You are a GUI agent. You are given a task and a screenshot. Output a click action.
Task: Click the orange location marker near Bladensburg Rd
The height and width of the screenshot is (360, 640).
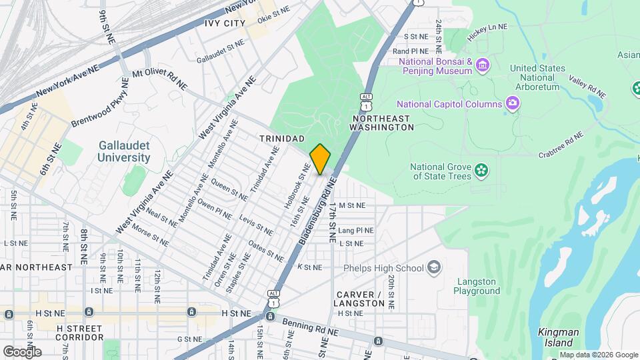click(320, 159)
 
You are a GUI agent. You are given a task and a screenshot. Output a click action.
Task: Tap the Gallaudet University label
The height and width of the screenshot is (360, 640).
click(124, 151)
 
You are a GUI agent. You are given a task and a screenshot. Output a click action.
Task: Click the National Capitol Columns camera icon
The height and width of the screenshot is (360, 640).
click(512, 103)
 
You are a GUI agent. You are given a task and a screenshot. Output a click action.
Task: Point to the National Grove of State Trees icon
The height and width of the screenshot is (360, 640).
click(481, 171)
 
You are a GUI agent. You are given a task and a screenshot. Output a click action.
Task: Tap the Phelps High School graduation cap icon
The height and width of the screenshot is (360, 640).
click(435, 268)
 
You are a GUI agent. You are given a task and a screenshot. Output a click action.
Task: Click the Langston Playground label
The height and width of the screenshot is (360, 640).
click(477, 286)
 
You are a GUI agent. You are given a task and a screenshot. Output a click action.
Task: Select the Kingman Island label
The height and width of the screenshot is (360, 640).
click(559, 337)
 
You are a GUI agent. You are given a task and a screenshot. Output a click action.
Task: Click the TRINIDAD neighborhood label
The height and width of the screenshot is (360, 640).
click(282, 138)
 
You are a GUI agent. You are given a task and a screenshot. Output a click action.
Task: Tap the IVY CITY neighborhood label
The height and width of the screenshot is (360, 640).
click(220, 23)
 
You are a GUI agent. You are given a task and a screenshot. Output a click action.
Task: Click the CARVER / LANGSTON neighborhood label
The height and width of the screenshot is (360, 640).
click(361, 299)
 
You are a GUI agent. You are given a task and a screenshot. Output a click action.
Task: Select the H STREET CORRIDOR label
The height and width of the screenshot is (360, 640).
click(79, 333)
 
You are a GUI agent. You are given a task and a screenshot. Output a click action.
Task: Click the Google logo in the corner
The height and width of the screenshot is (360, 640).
click(22, 351)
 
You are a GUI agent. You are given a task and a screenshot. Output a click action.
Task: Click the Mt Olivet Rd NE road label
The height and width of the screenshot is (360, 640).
click(160, 79)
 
